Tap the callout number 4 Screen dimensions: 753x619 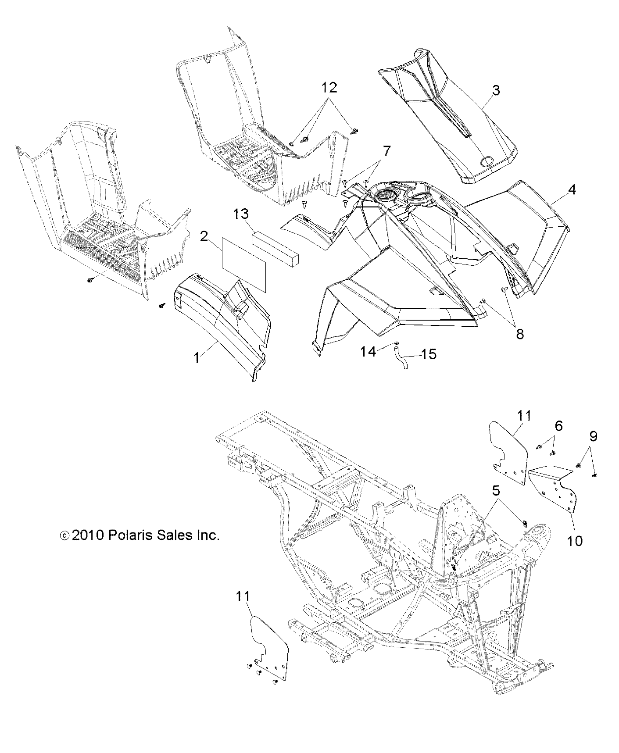pos(571,190)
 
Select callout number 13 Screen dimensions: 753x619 pos(241,214)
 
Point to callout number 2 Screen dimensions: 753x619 pos(204,236)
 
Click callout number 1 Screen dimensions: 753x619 pos(197,358)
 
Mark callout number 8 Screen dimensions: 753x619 pos(519,334)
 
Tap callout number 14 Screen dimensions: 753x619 pos(369,351)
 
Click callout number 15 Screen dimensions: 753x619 pos(429,353)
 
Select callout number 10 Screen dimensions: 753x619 pos(575,541)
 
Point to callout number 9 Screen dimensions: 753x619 pos(593,436)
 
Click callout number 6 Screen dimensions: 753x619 pos(558,425)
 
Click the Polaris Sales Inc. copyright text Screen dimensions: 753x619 pos(140,535)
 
